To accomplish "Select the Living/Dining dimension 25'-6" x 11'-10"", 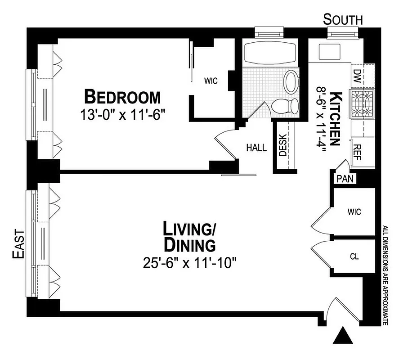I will point(189,262).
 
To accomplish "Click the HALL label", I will point(256,147).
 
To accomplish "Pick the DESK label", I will point(283,146).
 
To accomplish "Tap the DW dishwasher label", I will point(358,75).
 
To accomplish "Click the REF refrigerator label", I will point(358,150).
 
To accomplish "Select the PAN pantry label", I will point(345,179).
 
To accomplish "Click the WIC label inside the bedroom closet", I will point(211,81).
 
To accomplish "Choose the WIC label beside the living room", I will point(354,211).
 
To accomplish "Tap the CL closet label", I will point(354,257).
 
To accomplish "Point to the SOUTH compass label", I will point(343,20).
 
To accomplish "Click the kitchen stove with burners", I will point(363,104).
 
